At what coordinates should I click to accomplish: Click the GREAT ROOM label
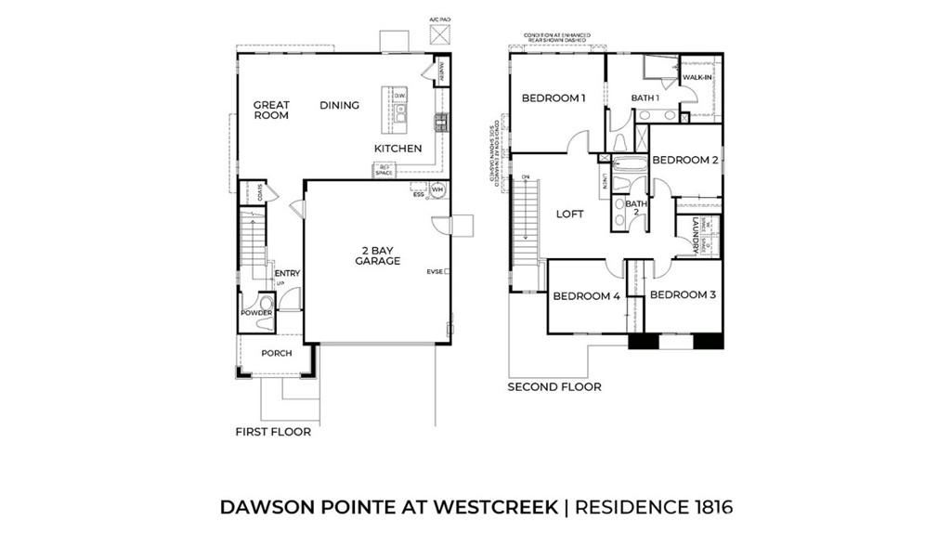271,111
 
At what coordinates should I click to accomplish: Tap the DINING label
339,106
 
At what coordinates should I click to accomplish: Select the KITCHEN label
397,149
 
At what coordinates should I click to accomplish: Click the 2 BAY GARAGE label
377,255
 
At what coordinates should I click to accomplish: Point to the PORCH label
276,353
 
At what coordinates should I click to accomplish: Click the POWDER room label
256,313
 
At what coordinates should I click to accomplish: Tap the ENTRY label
287,273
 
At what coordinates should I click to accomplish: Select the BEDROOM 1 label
554,98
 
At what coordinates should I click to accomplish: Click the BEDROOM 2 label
685,160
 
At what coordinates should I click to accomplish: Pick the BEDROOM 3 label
683,295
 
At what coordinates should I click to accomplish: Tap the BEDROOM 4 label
586,297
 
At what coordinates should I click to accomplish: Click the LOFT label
569,214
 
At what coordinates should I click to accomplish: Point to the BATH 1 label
645,98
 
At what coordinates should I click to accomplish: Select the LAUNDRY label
695,236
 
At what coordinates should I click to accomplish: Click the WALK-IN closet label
697,77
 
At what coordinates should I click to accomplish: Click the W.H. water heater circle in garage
437,190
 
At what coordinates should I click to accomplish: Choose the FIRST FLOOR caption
273,432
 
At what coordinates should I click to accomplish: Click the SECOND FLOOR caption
554,386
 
